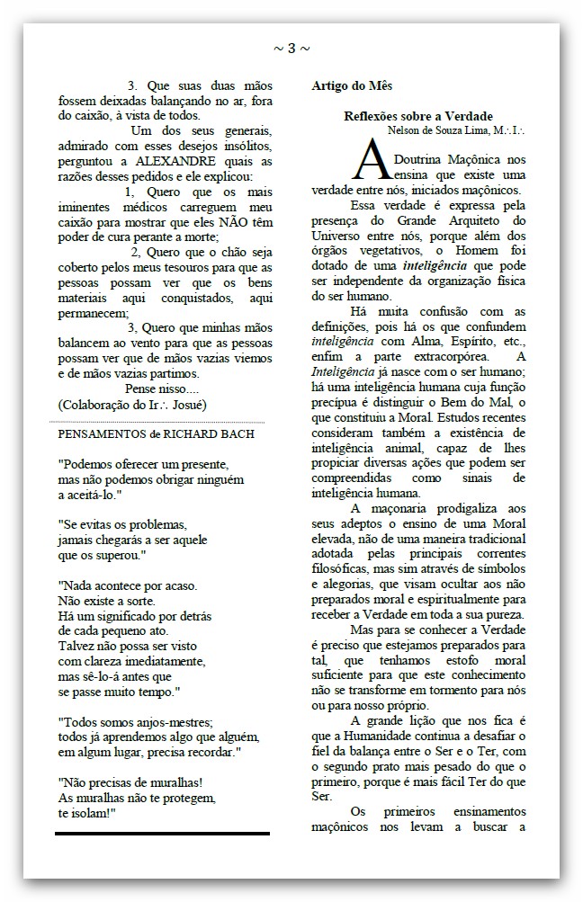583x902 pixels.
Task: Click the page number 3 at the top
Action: point(291,48)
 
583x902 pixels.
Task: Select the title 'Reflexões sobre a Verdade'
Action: point(418,116)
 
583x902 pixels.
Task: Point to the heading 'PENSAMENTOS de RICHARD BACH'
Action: point(156,433)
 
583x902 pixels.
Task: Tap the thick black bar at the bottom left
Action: point(162,833)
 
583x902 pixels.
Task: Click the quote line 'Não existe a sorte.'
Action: point(107,600)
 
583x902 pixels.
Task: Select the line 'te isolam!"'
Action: point(87,812)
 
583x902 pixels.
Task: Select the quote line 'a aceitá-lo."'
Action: point(90,495)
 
